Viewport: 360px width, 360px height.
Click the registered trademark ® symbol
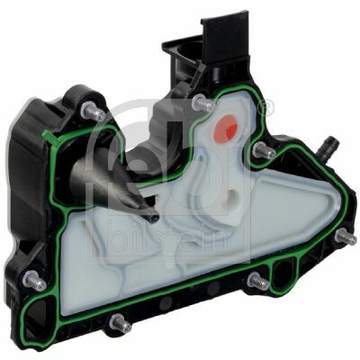(264, 110)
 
